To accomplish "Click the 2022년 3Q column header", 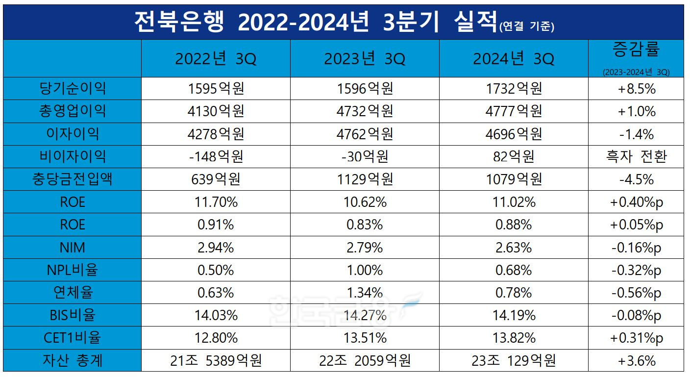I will pyautogui.click(x=216, y=59).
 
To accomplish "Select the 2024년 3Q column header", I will pyautogui.click(x=513, y=59).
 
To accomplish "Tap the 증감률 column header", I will pyautogui.click(x=636, y=49).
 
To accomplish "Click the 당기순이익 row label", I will pyautogui.click(x=73, y=89).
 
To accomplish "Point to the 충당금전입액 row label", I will pyautogui.click(x=73, y=179).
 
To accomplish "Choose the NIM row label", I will pyautogui.click(x=73, y=247).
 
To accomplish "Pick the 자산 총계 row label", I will pyautogui.click(x=73, y=361).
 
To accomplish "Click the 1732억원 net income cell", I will pyautogui.click(x=513, y=89).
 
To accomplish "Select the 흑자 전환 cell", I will pyautogui.click(x=636, y=156).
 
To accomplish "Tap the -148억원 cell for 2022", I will pyautogui.click(x=216, y=156).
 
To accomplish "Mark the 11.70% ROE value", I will pyautogui.click(x=216, y=202).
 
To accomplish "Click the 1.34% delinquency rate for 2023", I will pyautogui.click(x=365, y=293).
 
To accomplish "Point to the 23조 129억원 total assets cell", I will pyautogui.click(x=513, y=361).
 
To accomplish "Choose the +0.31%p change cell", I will pyautogui.click(x=636, y=338).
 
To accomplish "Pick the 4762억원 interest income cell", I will pyautogui.click(x=365, y=134).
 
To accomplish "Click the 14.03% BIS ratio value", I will pyautogui.click(x=216, y=315).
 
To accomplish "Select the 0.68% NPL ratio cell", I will pyautogui.click(x=513, y=270).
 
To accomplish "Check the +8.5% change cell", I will pyautogui.click(x=636, y=89).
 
